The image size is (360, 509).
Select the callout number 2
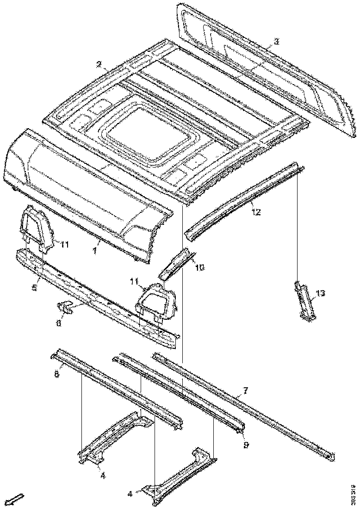[99, 65]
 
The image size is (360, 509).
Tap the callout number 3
[276, 42]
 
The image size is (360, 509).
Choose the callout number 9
[246, 445]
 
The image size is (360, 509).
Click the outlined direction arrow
[16, 499]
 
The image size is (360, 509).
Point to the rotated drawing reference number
[354, 493]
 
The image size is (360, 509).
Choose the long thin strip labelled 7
[241, 403]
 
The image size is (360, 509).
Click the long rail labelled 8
[116, 389]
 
